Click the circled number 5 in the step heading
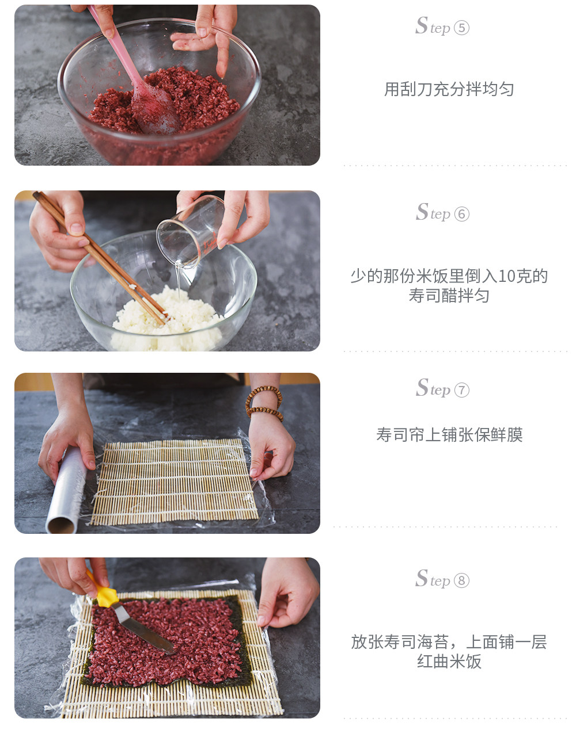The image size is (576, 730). [x=461, y=28]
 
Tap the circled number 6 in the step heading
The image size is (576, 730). [x=461, y=214]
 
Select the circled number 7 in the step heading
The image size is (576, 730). [x=461, y=390]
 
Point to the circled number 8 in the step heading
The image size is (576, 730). [x=461, y=580]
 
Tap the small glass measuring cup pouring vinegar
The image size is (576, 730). [x=190, y=231]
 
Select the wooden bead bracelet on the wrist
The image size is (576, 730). [x=264, y=403]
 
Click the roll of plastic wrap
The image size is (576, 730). [x=66, y=490]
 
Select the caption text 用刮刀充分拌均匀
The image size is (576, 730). [x=449, y=89]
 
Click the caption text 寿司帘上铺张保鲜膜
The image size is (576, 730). [x=449, y=434]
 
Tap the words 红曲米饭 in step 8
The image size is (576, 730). [x=449, y=662]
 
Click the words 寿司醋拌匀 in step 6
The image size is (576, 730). [x=449, y=295]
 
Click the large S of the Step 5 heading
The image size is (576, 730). [x=422, y=25]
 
